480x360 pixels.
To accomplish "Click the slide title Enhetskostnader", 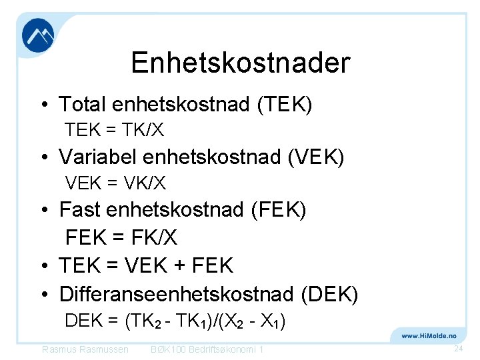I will click(x=240, y=63).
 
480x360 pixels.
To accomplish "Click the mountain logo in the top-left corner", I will click(x=38, y=35).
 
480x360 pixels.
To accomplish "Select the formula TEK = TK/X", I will click(x=114, y=129).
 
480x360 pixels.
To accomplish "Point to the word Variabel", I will click(x=97, y=157).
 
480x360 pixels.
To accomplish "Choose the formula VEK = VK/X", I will click(x=115, y=182).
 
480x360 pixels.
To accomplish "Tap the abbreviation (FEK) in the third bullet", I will click(x=278, y=210).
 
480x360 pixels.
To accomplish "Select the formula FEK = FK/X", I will click(x=121, y=237).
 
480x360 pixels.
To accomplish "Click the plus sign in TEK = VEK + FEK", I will click(x=179, y=266).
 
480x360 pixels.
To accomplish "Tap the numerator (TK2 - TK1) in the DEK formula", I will click(x=174, y=321).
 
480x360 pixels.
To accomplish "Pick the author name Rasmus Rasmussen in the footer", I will click(x=85, y=350).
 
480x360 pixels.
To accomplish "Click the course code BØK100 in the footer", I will click(x=169, y=350).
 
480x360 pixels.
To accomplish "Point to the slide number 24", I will click(x=458, y=349).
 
